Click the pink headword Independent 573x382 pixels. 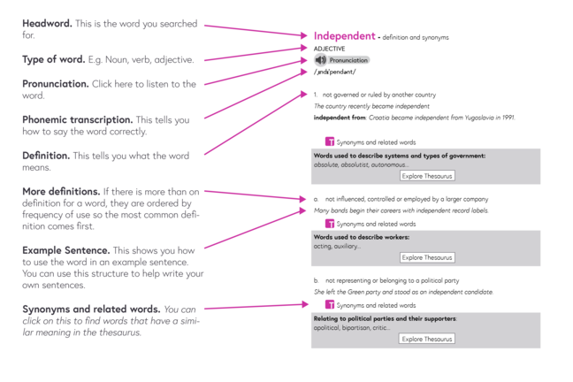[x=344, y=35]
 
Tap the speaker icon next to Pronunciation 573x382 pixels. [x=320, y=60]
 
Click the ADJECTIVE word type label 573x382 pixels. [x=330, y=49]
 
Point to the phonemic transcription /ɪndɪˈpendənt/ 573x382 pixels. [x=334, y=72]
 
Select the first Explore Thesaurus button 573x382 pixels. [x=427, y=176]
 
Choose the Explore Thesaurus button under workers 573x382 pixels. [x=427, y=257]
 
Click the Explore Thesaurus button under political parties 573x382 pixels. [x=427, y=339]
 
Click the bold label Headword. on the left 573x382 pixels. [x=50, y=22]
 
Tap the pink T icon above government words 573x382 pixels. [x=330, y=141]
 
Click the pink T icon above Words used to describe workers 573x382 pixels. [x=330, y=224]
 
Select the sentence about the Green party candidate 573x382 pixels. [x=403, y=292]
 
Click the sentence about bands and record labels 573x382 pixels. [x=401, y=210]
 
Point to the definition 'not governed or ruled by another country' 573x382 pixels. [x=378, y=95]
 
